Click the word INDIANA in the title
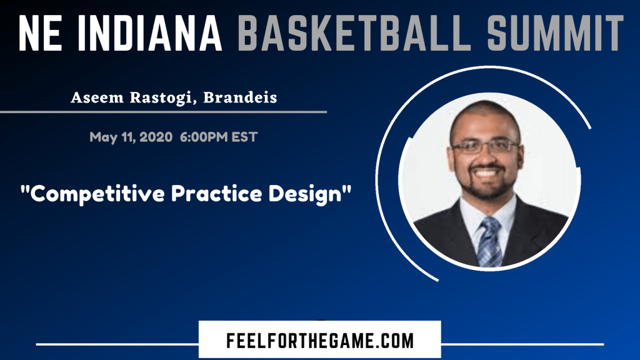coord(149,32)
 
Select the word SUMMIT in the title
coord(556,32)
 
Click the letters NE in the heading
coord(40,32)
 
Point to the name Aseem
coord(97,97)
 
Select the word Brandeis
coord(241,97)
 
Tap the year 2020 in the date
coord(156,137)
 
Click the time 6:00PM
coord(204,137)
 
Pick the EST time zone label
coord(244,137)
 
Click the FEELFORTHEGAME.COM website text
coord(320,341)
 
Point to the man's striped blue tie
coord(489,243)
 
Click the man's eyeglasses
coord(485,146)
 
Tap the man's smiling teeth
coord(485,172)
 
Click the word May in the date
coord(103,137)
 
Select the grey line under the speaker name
coord(163,111)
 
